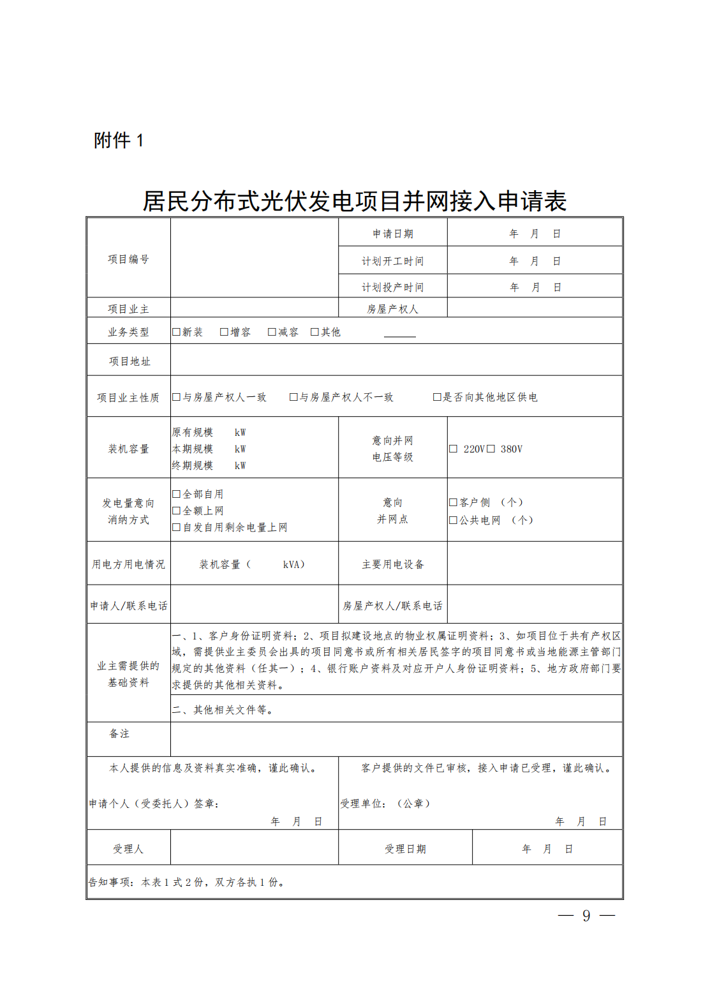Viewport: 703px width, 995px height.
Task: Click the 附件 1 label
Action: [x=119, y=140]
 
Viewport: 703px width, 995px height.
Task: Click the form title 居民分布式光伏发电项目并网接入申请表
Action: [x=354, y=201]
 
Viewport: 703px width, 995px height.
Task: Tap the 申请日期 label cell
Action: [x=392, y=234]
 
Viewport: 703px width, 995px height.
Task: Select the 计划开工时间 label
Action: [x=392, y=261]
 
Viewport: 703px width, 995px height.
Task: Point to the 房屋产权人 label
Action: [x=392, y=309]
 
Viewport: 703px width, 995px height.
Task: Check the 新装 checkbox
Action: [x=177, y=332]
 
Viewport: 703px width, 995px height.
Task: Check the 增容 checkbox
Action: [x=224, y=332]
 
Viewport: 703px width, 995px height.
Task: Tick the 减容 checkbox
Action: [x=272, y=332]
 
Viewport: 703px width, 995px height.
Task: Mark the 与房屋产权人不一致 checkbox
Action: [x=293, y=397]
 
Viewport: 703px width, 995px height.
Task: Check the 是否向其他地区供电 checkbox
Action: [x=437, y=397]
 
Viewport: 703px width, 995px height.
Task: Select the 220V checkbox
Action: [x=453, y=449]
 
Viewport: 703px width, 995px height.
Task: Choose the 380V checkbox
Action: [x=491, y=449]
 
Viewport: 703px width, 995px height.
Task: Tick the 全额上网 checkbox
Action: [x=177, y=511]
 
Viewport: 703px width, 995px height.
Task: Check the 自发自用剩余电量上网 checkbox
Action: [x=177, y=527]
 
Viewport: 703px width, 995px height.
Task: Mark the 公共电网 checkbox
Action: [x=453, y=520]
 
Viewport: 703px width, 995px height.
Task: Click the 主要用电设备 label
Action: [x=392, y=564]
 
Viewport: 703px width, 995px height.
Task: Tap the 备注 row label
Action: [x=119, y=734]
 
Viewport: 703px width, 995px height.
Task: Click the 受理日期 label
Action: [x=405, y=849]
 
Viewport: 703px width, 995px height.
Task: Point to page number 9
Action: [x=586, y=916]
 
